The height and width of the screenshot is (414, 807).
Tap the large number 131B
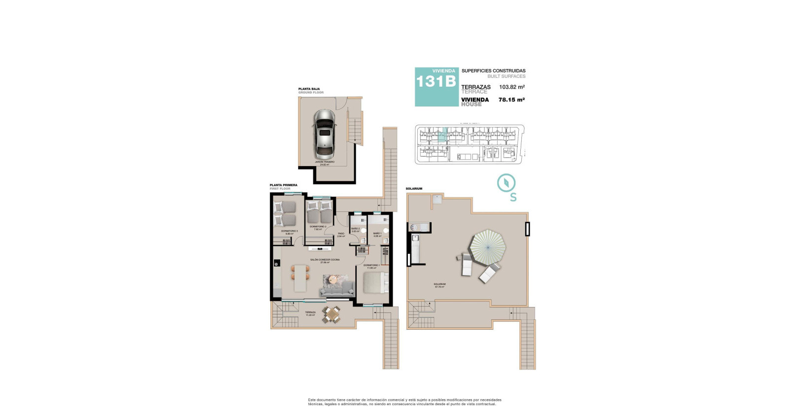(436, 82)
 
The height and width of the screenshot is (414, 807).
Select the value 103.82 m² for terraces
(511, 87)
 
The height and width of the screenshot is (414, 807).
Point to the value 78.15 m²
(511, 100)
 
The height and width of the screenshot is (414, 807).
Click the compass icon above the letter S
(506, 183)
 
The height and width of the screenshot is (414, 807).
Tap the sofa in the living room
(337, 289)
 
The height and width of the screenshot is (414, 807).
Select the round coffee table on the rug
(333, 279)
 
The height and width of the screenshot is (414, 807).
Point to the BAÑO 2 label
(355, 230)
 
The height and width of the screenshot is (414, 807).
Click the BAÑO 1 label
(377, 235)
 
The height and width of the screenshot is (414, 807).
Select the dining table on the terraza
(332, 314)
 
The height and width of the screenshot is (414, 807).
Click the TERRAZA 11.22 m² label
(310, 313)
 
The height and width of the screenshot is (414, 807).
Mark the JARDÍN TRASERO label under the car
(325, 163)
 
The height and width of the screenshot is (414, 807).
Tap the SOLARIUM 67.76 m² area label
(439, 285)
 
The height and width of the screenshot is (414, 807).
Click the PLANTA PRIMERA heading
(283, 185)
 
